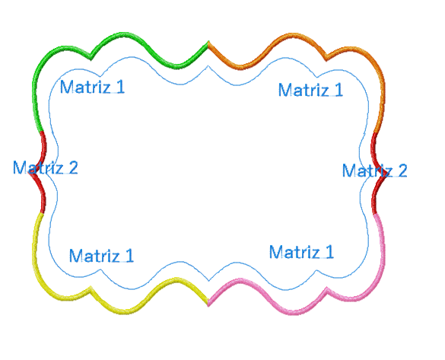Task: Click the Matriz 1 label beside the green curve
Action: point(92,87)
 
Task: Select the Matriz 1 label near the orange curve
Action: point(311,90)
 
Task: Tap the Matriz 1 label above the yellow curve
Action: point(102,255)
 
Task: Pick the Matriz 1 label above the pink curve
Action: point(301,252)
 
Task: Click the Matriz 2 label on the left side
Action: point(46,167)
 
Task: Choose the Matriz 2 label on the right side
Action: point(374,170)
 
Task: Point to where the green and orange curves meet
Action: point(208,43)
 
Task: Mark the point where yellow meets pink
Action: point(208,304)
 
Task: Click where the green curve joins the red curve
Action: point(41,132)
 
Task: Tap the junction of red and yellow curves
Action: point(43,212)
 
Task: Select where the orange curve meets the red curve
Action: point(375,133)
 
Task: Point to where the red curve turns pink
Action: point(375,213)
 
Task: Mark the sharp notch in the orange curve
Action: point(326,59)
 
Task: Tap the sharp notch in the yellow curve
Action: point(91,288)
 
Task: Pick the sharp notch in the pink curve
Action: point(326,289)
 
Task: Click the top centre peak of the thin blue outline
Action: point(208,66)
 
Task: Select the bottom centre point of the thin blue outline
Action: point(209,281)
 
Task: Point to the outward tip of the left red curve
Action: point(30,172)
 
